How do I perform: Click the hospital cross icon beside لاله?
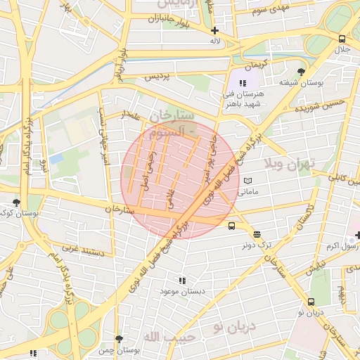(x=214, y=30)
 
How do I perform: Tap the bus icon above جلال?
(x=342, y=39)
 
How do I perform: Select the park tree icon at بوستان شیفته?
(x=301, y=72)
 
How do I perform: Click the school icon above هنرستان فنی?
(x=243, y=83)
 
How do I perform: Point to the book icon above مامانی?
(x=247, y=181)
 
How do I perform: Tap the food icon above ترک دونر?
(x=257, y=235)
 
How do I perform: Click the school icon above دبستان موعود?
(x=183, y=280)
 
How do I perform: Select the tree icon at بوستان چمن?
(x=118, y=339)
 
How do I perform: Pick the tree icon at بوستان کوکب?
(x=16, y=202)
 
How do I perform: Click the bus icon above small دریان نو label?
(x=310, y=301)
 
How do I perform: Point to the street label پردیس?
(x=157, y=77)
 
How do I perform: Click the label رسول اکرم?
(x=342, y=246)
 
